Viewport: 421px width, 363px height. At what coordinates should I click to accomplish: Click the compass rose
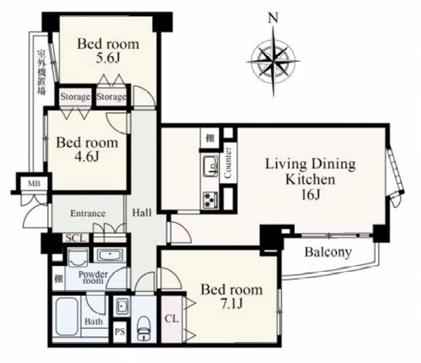point(273,61)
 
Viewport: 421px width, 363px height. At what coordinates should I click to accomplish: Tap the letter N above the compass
point(273,18)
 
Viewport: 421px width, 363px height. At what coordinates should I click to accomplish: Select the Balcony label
point(328,252)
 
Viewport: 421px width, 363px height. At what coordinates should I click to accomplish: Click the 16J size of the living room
point(310,195)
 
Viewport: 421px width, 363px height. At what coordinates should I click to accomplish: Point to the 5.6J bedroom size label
point(108,58)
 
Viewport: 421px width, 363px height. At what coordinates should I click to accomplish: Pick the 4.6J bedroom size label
point(86,156)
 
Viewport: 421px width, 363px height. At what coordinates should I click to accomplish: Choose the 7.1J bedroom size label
point(231,304)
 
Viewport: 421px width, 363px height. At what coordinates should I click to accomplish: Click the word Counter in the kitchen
point(228,163)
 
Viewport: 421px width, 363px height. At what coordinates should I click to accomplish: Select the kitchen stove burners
point(210,200)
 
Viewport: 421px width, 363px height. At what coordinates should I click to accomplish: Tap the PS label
point(120,332)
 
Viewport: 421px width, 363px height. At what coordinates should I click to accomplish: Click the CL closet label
point(172,319)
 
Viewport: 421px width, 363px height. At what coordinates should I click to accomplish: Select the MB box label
point(34,184)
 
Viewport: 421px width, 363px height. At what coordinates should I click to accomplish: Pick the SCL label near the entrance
point(76,238)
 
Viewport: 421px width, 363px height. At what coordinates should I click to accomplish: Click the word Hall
point(142,213)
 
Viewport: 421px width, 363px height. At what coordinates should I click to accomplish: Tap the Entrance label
point(88,213)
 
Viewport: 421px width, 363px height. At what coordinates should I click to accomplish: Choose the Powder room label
point(93,278)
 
